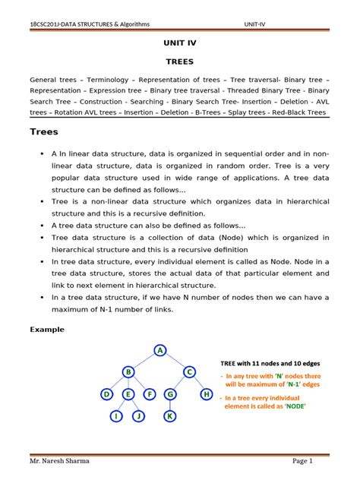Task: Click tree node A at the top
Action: coord(160,350)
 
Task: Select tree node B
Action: coord(128,371)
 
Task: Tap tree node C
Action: coord(190,371)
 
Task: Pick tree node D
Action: coord(107,394)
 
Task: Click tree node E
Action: coord(128,394)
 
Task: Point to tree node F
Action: coord(150,394)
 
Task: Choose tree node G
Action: coord(171,394)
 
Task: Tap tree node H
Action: coord(207,394)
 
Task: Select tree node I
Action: coord(117,416)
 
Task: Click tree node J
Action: coord(139,416)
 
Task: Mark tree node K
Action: coord(171,416)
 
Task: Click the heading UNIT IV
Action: coord(179,43)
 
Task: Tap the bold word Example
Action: coord(46,330)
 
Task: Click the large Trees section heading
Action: coord(44,131)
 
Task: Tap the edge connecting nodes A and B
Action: coord(144,361)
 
